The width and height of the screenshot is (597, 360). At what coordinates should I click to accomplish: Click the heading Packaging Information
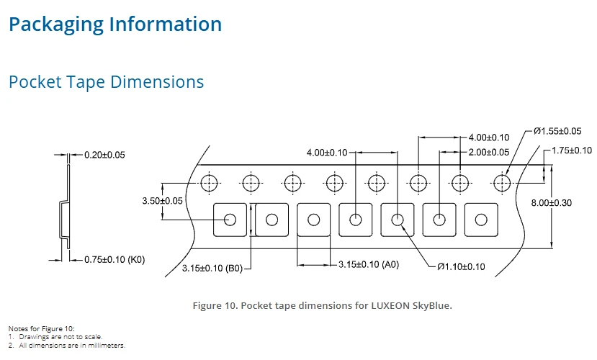115,24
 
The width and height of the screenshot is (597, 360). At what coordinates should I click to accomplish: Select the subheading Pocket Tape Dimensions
107,82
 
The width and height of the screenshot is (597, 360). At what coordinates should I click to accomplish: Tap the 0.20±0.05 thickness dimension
104,155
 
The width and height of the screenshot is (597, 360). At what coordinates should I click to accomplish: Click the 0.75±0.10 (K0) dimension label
115,259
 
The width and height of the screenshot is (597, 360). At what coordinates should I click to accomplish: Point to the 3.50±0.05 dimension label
162,201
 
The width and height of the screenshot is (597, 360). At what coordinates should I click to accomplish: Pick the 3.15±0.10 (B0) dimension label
212,269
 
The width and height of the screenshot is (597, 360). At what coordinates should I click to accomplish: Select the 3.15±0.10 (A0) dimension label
369,264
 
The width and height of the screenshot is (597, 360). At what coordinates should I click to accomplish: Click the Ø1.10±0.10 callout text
461,267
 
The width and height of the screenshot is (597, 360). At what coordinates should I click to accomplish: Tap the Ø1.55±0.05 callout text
557,131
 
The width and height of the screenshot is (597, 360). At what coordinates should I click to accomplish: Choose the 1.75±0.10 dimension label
572,150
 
